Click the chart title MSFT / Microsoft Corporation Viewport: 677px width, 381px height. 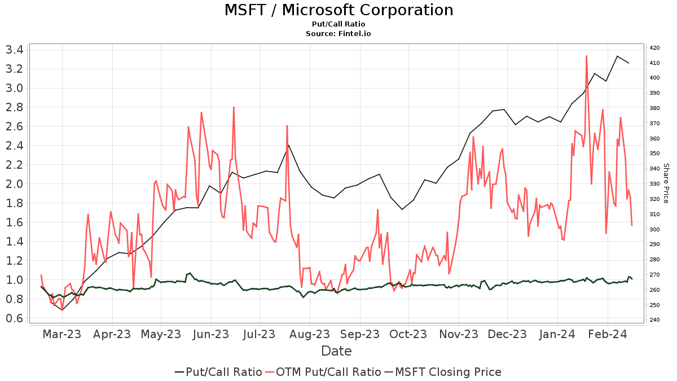338,10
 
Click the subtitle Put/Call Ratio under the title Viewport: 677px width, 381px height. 338,24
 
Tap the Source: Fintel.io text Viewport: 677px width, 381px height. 338,34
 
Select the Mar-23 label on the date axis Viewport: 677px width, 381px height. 62,334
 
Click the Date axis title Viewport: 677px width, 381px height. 336,351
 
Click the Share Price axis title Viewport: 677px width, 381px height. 666,183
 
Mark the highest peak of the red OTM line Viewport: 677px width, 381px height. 587,55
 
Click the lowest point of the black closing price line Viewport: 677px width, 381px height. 62,310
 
